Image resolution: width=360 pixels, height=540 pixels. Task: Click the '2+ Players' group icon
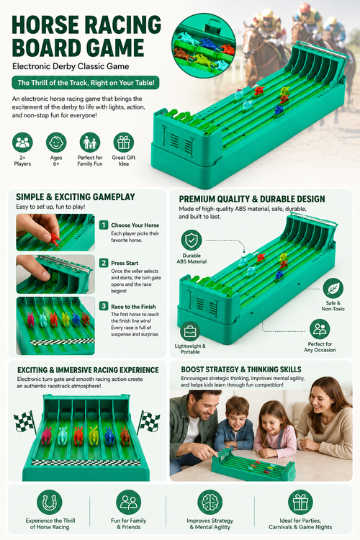click(22, 143)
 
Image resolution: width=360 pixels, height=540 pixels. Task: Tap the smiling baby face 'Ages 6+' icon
click(56, 143)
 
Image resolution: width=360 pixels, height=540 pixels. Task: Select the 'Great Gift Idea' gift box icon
click(123, 143)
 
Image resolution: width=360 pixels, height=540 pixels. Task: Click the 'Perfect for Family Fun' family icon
click(89, 143)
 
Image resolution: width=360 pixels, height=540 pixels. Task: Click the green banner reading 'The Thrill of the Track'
click(86, 83)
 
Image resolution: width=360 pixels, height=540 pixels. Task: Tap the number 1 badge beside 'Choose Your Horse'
click(104, 225)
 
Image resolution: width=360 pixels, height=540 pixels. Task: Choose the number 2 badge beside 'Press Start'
click(104, 263)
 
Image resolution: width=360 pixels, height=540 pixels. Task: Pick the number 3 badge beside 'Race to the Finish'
click(104, 306)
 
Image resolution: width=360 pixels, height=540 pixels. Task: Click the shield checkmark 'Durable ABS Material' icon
click(192, 240)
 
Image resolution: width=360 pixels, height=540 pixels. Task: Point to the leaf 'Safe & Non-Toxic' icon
click(333, 288)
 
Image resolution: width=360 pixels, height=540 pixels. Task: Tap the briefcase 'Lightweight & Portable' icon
click(190, 332)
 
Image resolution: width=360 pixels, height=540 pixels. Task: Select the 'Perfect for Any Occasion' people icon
click(320, 329)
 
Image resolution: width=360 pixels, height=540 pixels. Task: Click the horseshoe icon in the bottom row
click(49, 502)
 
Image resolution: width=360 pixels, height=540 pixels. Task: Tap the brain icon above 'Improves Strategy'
click(210, 502)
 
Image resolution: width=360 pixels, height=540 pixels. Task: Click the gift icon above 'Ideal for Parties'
click(300, 502)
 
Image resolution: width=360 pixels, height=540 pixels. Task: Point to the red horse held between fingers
click(55, 238)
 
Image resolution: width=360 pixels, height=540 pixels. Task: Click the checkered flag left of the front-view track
click(24, 422)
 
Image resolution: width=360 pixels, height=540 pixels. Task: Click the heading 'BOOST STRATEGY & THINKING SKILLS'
click(241, 369)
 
